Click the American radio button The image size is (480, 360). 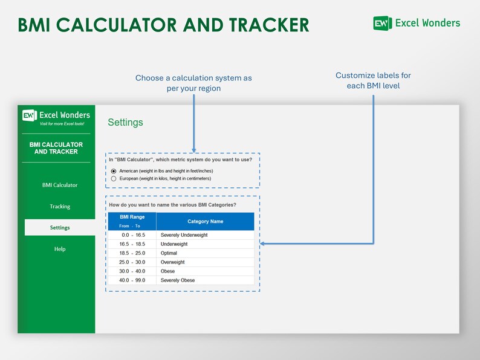(114, 171)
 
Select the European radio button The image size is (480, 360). (114, 179)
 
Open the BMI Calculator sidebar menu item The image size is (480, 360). (60, 185)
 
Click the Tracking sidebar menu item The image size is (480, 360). (60, 207)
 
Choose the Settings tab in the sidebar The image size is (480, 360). (60, 228)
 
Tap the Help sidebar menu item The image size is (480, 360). (60, 249)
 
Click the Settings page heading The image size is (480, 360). (125, 123)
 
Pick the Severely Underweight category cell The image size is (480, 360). (184, 235)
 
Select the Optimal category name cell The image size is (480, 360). (169, 253)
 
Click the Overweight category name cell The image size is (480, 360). (172, 262)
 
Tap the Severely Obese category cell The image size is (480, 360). (178, 280)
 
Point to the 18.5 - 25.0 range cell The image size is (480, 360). (132, 253)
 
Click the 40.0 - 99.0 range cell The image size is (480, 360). (132, 280)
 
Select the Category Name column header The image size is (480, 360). (205, 222)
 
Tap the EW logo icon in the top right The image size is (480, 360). (383, 24)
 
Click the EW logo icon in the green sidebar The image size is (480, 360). (30, 115)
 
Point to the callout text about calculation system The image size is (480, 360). (193, 83)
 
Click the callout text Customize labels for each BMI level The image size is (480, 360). (373, 80)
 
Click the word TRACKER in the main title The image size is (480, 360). (268, 25)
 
